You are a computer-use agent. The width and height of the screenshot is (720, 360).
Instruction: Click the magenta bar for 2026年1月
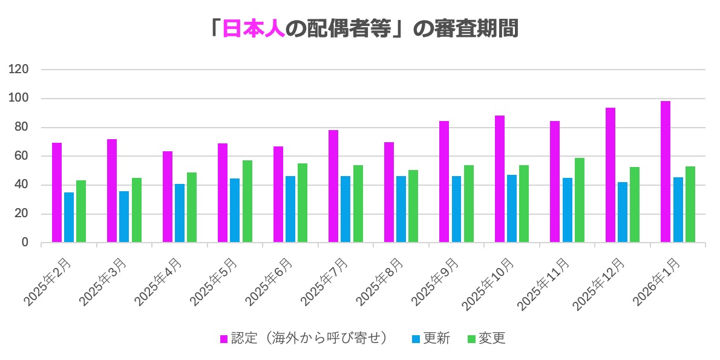click(x=666, y=172)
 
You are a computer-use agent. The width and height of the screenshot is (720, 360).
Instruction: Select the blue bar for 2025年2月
click(x=69, y=217)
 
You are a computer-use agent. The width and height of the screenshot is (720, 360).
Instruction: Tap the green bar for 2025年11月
click(x=580, y=200)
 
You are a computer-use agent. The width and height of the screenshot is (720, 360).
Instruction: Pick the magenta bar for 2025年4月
click(x=168, y=197)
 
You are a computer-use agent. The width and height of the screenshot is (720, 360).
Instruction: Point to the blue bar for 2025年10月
click(x=512, y=208)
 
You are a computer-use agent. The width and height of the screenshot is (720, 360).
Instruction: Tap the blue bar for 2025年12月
click(x=623, y=212)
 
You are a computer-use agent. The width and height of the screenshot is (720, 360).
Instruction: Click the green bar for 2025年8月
click(x=413, y=206)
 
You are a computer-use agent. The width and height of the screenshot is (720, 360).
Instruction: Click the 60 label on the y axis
click(x=22, y=156)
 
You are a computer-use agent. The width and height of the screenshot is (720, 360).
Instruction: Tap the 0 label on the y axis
click(x=25, y=243)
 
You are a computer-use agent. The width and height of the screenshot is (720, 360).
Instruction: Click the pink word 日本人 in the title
click(x=254, y=29)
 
